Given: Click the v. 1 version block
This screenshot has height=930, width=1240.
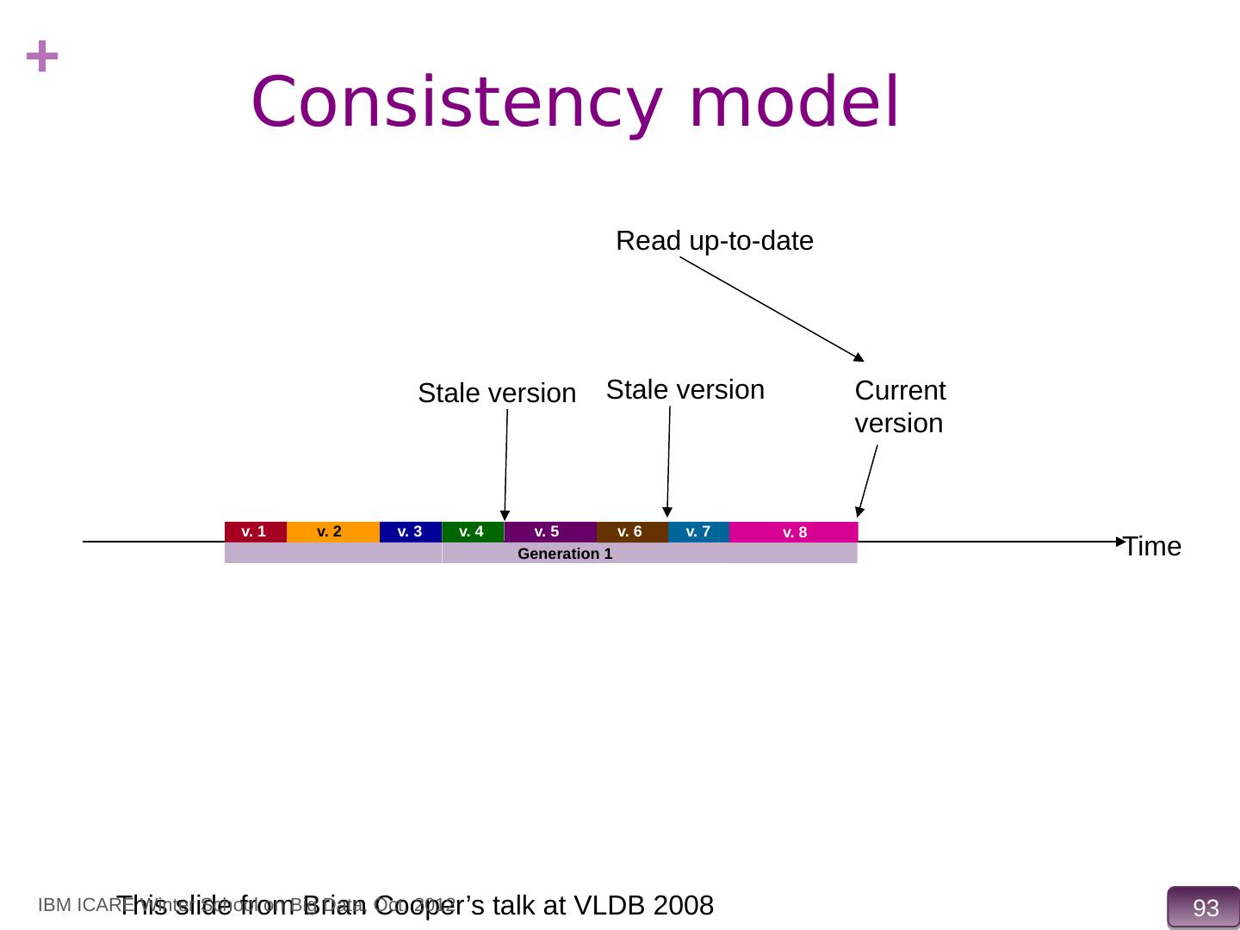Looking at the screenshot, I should (x=255, y=532).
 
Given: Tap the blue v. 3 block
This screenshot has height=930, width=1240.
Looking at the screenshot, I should (x=410, y=532).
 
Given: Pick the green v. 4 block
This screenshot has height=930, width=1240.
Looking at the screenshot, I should (x=473, y=532).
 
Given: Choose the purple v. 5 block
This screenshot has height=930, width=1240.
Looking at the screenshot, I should (x=549, y=532).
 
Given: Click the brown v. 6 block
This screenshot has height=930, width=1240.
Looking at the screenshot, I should (x=631, y=532).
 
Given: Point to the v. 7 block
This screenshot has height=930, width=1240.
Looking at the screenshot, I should (x=698, y=532).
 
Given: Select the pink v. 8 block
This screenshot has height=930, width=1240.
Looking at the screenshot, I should (x=793, y=532).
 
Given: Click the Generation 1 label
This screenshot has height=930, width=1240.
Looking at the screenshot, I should (x=565, y=554).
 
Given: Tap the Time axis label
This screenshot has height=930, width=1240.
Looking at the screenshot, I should (x=1152, y=547).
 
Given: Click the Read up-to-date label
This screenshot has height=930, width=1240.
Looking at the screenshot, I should (x=715, y=241).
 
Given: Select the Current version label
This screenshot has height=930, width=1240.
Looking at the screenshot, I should (x=900, y=406).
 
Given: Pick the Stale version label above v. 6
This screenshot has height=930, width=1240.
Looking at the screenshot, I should (x=685, y=390).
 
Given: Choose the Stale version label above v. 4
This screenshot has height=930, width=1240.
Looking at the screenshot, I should (x=497, y=394).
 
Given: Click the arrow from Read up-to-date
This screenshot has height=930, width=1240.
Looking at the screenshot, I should (x=772, y=307).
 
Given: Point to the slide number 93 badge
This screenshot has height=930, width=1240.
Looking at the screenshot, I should (x=1205, y=908).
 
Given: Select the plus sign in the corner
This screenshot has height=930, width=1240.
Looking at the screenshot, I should (x=42, y=59).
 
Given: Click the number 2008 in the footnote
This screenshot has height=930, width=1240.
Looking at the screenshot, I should (x=684, y=906).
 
